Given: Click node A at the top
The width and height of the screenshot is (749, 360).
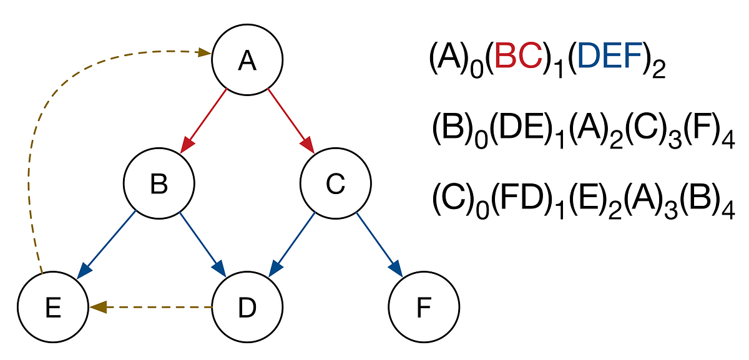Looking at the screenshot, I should click(248, 61).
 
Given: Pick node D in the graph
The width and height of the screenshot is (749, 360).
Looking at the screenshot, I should click(248, 307).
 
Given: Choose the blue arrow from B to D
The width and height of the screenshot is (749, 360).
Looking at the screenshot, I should click(203, 244).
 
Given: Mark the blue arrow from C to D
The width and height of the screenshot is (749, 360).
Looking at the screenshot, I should click(291, 244).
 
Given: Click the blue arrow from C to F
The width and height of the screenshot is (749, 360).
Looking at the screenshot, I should click(379, 244).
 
